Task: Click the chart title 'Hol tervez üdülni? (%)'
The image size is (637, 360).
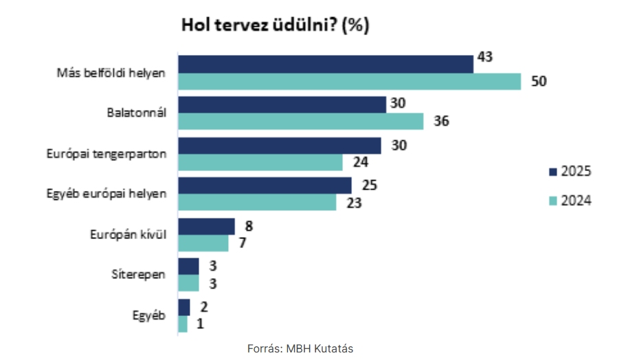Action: [275, 26]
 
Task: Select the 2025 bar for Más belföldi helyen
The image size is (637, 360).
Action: [325, 64]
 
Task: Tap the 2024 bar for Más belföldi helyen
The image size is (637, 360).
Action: [349, 81]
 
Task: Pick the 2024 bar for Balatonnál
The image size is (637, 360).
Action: [300, 122]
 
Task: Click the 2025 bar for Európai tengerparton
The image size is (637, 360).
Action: [279, 146]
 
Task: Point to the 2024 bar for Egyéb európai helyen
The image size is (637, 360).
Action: [257, 203]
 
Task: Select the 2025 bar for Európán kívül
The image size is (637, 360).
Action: [206, 227]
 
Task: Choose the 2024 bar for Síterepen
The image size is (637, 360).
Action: [188, 284]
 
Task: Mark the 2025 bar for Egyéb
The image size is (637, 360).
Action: [183, 307]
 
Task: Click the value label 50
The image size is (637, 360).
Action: [539, 81]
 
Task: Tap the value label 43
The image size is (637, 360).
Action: [485, 56]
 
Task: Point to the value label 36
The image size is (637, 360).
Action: [440, 122]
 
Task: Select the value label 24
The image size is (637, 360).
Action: [360, 163]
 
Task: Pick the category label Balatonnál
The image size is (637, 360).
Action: [137, 113]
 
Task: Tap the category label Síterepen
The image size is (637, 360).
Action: [139, 275]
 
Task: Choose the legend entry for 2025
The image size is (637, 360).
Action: [570, 171]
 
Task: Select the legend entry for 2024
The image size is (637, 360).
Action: [570, 200]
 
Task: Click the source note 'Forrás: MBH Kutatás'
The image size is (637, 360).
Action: [300, 348]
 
